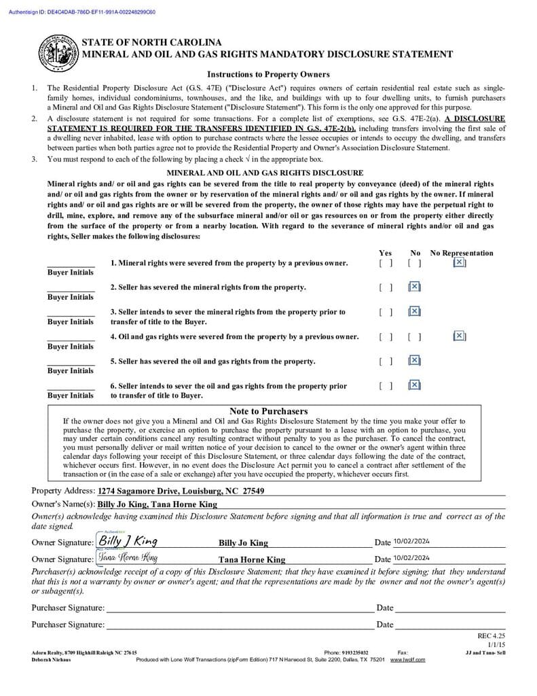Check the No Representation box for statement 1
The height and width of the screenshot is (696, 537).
tap(460, 262)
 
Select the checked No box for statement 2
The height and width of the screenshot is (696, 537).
tap(415, 287)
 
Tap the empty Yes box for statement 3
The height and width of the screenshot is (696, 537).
tap(386, 312)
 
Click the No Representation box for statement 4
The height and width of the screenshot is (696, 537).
tap(460, 336)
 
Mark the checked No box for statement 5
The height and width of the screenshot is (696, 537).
tap(415, 361)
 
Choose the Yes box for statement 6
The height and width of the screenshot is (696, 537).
tap(386, 385)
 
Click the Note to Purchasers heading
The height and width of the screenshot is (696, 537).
tap(268, 411)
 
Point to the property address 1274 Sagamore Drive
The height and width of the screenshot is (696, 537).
tap(181, 491)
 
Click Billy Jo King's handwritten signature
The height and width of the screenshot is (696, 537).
tap(128, 541)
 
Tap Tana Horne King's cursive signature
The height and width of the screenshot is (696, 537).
tap(128, 558)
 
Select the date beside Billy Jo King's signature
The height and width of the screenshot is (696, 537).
tap(411, 542)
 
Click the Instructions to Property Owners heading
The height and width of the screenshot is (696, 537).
tap(268, 75)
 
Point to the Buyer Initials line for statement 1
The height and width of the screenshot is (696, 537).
tap(71, 265)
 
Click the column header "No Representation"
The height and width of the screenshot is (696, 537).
tap(462, 253)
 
